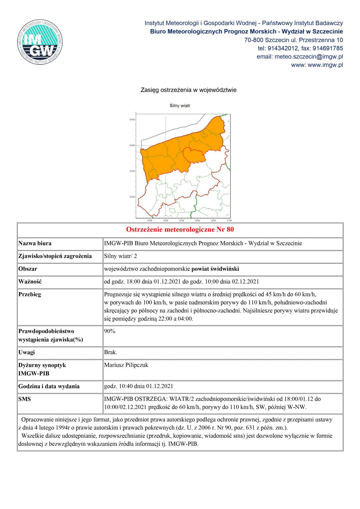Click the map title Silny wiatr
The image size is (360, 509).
[180, 105]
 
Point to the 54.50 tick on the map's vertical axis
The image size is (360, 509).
[132, 120]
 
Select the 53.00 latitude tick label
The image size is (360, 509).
[132, 197]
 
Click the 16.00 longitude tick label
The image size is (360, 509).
[197, 220]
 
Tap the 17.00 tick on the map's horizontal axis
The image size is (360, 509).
[229, 220]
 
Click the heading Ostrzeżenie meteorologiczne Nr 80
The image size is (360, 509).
[180, 230]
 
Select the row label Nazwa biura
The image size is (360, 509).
[35, 243]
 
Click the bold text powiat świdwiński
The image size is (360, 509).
[215, 269]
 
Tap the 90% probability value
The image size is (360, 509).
[109, 331]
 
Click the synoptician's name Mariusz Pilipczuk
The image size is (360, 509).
[126, 365]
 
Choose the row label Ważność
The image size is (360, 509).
[31, 282]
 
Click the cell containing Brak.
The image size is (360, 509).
[110, 352]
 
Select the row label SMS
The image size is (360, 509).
[25, 399]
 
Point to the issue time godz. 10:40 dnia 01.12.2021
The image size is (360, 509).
[138, 386]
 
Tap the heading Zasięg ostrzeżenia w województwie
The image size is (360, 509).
[188, 90]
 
